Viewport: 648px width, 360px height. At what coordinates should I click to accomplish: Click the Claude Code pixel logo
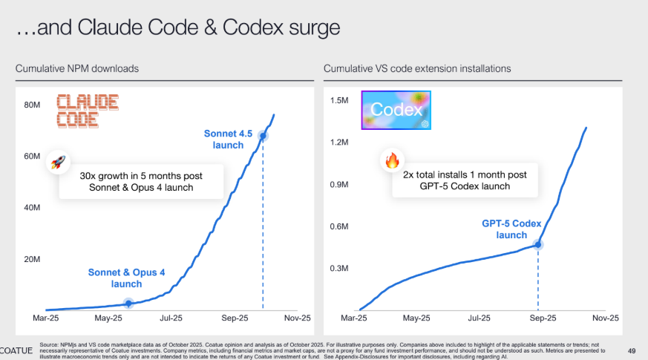pos(87,111)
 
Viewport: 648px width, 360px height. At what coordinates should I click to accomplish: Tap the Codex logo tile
pos(396,111)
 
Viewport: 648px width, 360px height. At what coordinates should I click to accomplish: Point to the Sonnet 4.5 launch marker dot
pos(263,135)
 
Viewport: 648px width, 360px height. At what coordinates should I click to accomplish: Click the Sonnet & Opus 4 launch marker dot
pos(128,303)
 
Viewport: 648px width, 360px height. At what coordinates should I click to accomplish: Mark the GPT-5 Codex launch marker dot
pos(538,243)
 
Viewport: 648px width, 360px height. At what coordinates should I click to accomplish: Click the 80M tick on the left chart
pos(32,105)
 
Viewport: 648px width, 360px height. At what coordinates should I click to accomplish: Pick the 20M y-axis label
pos(32,259)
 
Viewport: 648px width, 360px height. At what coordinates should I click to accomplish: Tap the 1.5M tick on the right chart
pos(340,99)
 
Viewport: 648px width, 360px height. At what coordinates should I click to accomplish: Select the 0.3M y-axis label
pos(340,268)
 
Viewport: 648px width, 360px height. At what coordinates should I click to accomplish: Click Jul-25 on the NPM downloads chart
pos(171,318)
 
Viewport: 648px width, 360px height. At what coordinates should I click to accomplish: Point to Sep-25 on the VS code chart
pos(542,318)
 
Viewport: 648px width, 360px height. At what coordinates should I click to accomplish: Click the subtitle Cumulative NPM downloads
pos(78,68)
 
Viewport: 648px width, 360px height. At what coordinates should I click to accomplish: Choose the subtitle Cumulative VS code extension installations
pos(417,68)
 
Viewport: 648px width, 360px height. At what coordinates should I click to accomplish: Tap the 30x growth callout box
pos(141,181)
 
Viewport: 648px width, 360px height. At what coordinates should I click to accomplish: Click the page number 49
pos(632,350)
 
